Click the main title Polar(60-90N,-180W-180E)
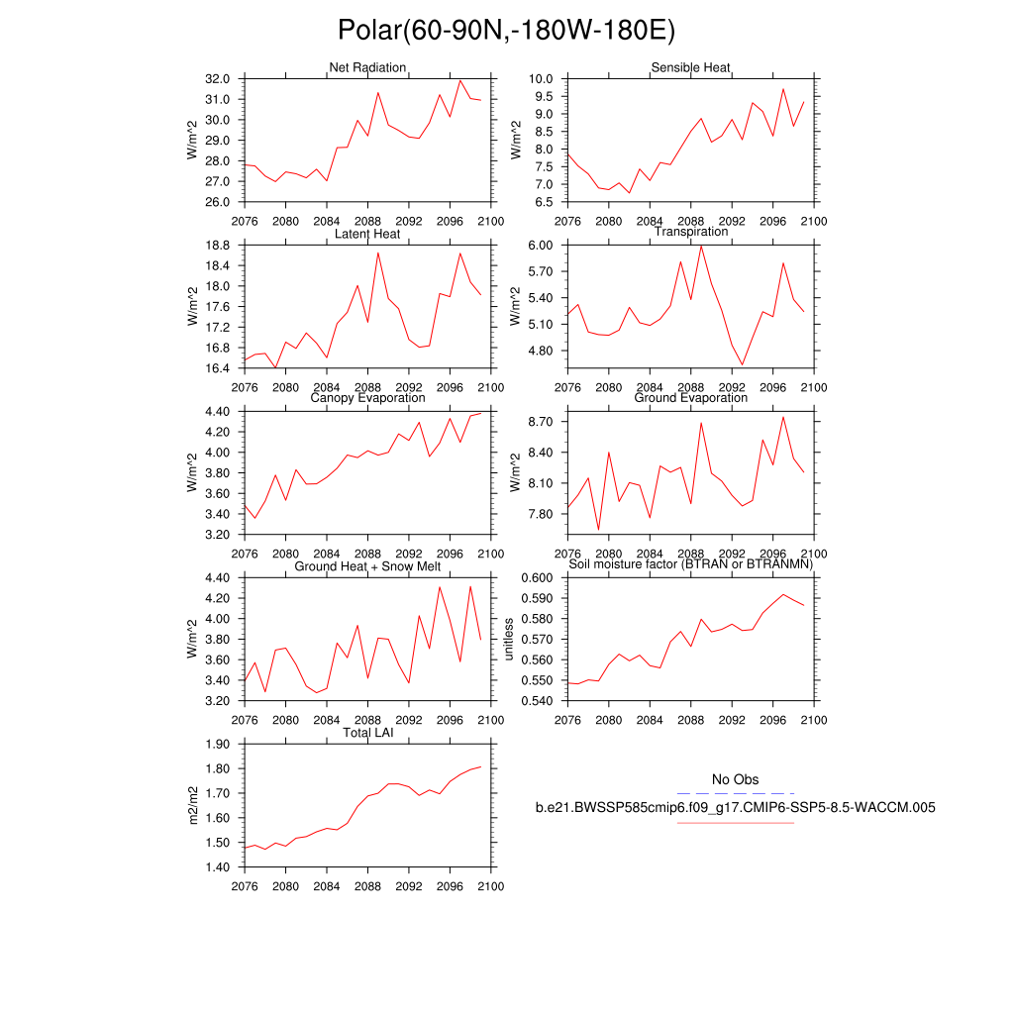pos(506,31)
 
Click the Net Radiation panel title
pos(367,67)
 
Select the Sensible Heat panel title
pos(690,67)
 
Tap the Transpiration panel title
pos(690,232)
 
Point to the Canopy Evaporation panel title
pos(367,398)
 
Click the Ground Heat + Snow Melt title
pos(367,565)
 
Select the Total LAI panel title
pos(367,733)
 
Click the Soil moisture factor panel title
pos(690,564)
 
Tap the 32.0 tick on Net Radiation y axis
pos(219,78)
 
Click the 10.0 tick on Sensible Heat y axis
pos(542,78)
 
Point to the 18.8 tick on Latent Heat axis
pos(219,245)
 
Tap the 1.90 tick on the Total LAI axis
pos(219,745)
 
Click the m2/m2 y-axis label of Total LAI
pos(194,805)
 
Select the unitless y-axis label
pos(510,639)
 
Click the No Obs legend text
pos(735,780)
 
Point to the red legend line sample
pos(735,822)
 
